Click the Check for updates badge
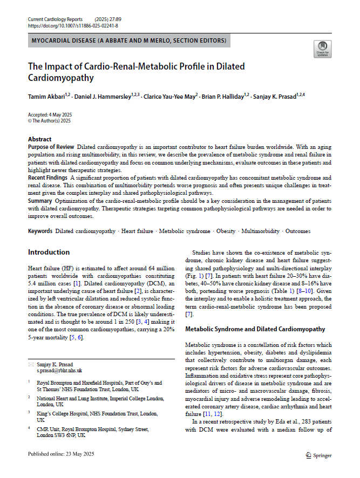(322, 49)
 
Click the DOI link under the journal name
(72, 25)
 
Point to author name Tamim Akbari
(46, 96)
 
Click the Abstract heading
(40, 139)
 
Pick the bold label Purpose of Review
(51, 147)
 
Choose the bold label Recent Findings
(48, 177)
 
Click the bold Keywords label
(40, 231)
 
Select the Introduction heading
(49, 252)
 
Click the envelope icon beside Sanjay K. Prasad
(31, 364)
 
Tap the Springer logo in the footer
(318, 455)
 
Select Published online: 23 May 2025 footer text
(59, 455)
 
